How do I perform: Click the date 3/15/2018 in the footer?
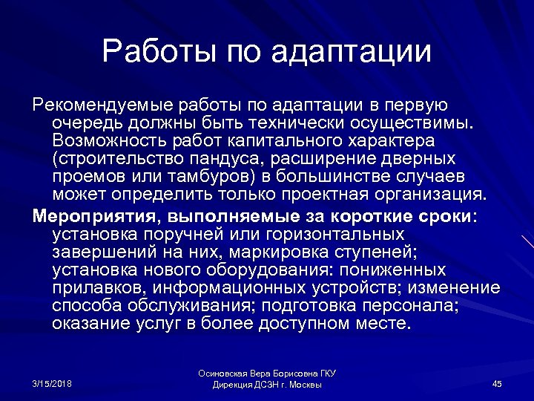tap(53, 383)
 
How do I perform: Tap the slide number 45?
tap(497, 383)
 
